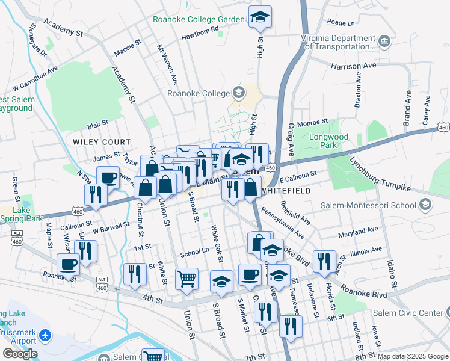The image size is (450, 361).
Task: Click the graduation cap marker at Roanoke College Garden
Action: tap(260, 17)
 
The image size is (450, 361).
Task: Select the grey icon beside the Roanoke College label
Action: tap(239, 93)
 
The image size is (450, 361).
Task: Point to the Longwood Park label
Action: tap(328, 141)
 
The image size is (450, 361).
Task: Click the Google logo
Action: tap(19, 353)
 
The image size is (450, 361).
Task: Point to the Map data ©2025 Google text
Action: tap(412, 356)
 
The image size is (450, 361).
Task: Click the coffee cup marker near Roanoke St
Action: tap(68, 264)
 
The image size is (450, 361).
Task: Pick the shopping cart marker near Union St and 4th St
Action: tap(187, 279)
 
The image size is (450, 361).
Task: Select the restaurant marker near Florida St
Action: tap(324, 261)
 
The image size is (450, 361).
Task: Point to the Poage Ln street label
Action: tap(341, 23)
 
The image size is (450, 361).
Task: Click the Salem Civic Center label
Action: tap(407, 312)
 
